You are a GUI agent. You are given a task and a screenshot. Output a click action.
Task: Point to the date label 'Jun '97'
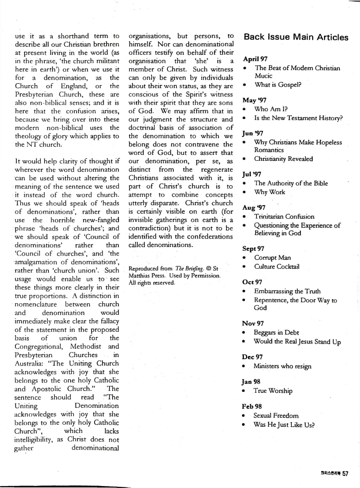(252, 133)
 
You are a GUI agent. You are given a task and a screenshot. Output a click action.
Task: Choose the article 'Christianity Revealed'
(283, 159)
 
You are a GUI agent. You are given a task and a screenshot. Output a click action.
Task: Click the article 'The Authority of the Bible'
(291, 183)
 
